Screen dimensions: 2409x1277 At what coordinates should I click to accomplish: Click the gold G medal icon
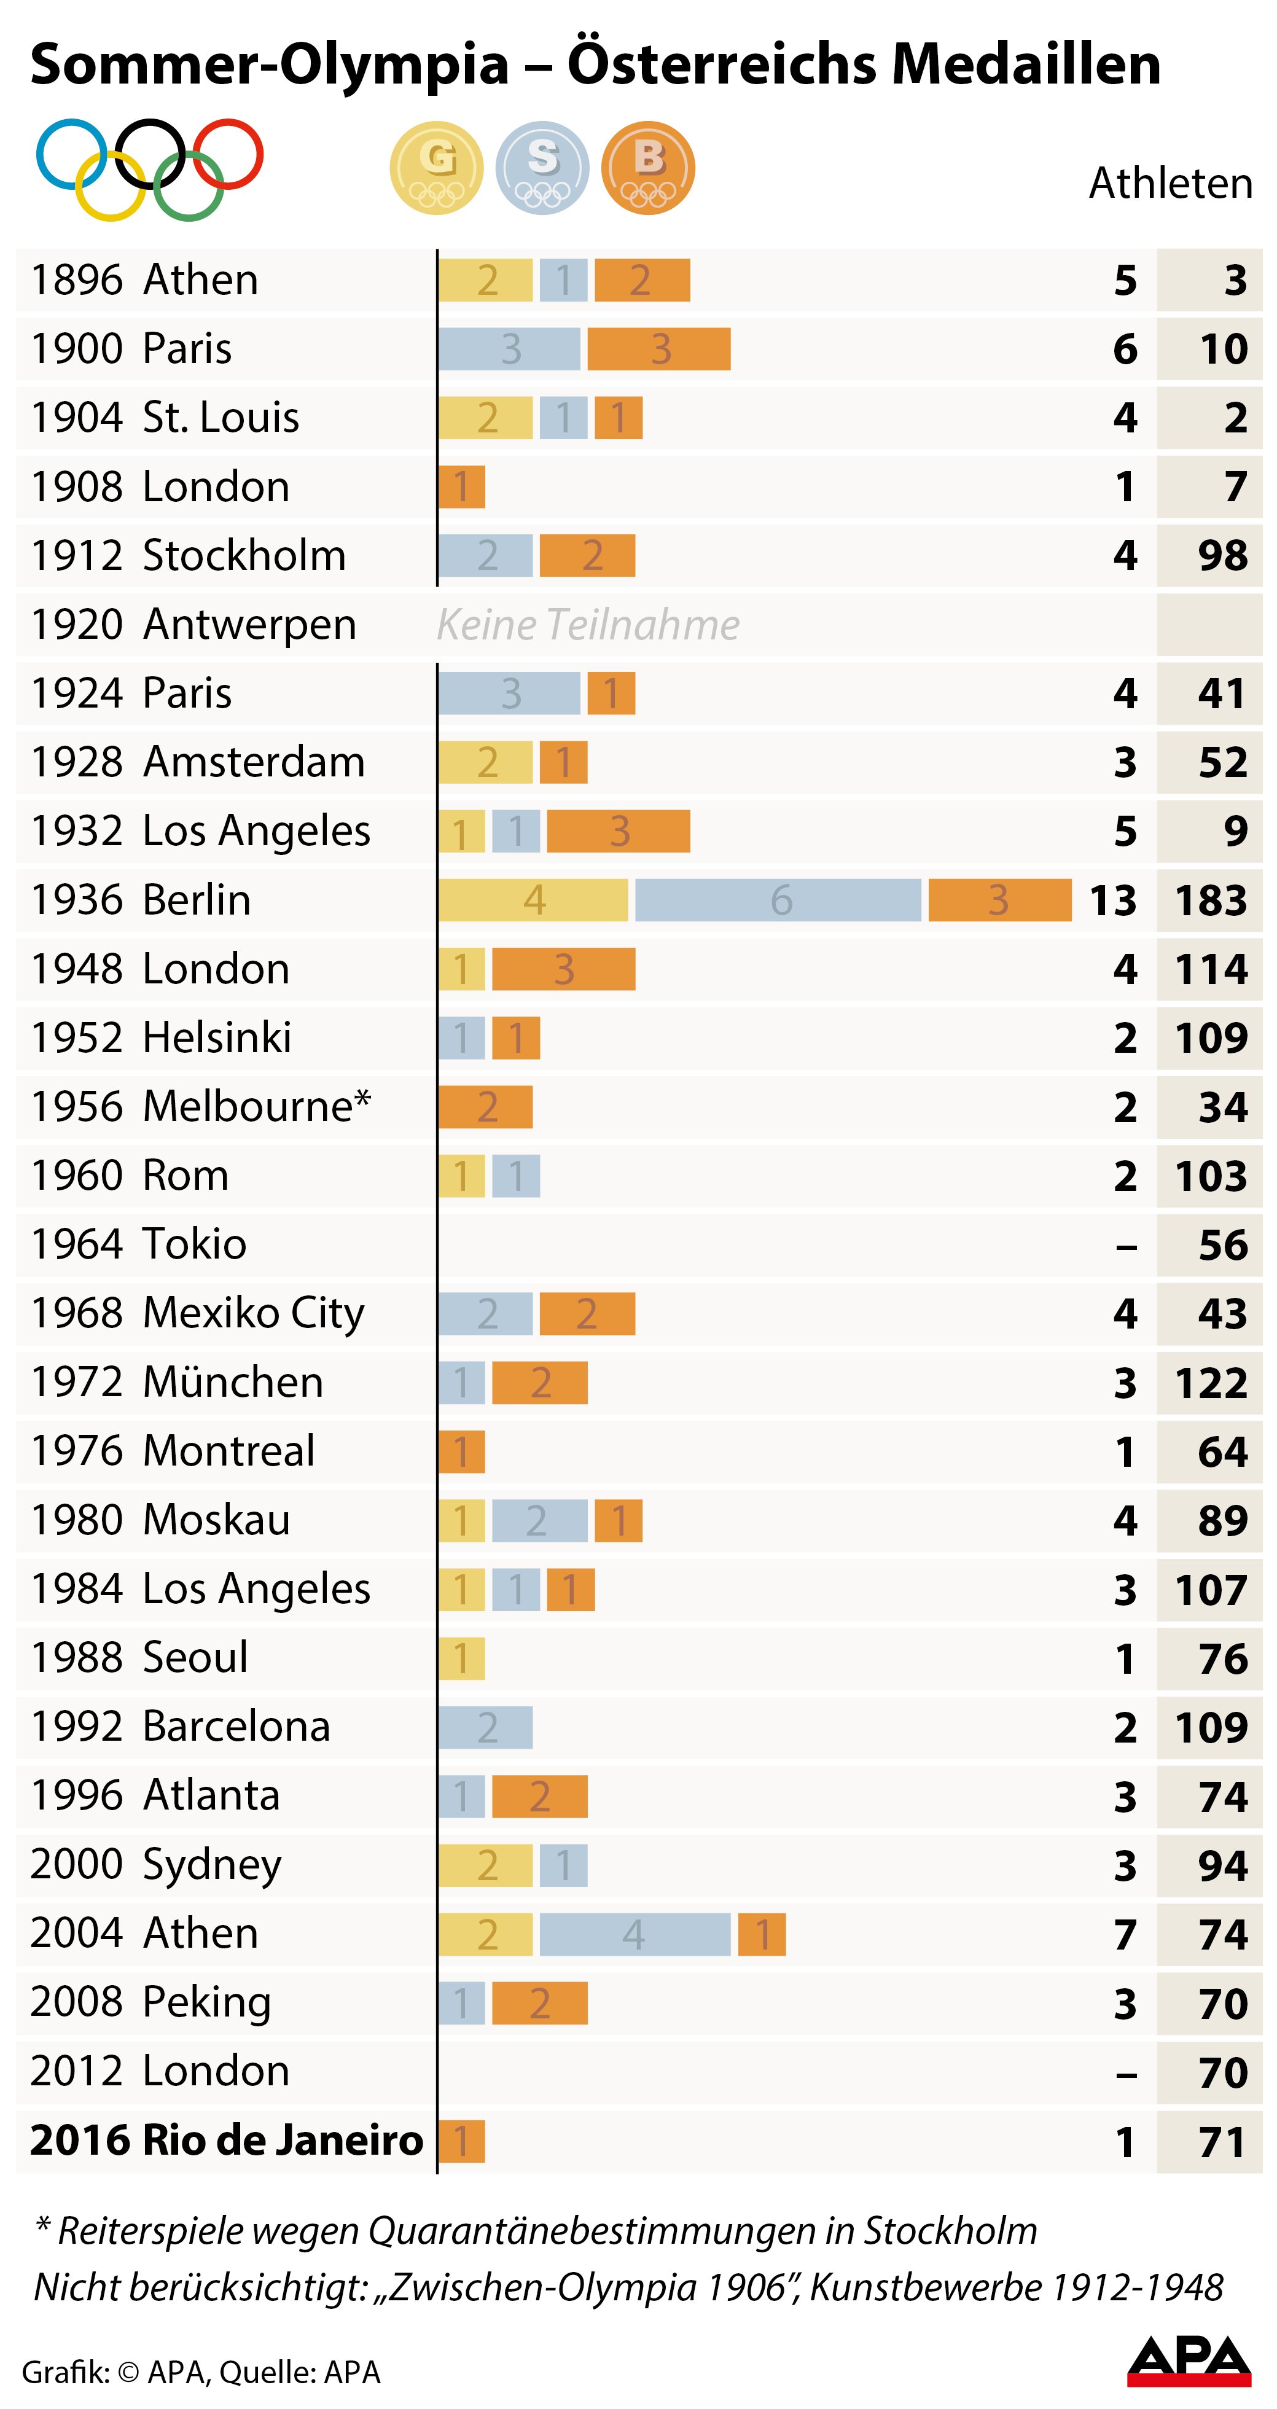(437, 168)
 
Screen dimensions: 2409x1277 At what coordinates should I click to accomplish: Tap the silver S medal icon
(542, 168)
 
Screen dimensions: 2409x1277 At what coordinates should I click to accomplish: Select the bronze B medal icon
(648, 168)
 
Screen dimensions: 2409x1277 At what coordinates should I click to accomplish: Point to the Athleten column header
(1170, 183)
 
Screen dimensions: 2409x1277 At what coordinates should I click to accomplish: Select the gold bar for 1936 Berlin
(533, 900)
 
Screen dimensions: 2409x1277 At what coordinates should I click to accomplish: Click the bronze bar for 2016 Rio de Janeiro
(462, 2141)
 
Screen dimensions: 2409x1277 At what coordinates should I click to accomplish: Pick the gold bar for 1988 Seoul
(462, 1658)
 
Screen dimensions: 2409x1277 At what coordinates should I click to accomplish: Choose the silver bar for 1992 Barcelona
(485, 1727)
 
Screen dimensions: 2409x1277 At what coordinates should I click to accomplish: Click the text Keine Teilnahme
(588, 625)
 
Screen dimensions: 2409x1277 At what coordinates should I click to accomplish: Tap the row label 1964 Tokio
(138, 1244)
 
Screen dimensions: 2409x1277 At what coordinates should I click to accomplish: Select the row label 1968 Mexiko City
(197, 1313)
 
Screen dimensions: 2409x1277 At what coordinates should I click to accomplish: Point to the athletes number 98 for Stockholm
(1223, 555)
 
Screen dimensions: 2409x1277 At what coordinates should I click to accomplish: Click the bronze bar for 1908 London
(462, 486)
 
